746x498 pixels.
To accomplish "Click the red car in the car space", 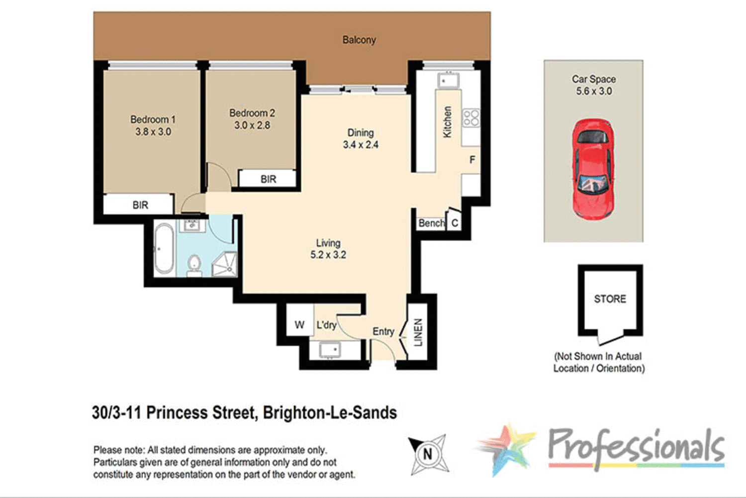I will pyautogui.click(x=593, y=169).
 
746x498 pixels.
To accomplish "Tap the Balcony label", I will pyautogui.click(x=359, y=40).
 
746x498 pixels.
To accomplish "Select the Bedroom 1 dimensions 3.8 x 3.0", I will pyautogui.click(x=153, y=132).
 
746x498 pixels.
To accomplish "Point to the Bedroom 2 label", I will pyautogui.click(x=252, y=113).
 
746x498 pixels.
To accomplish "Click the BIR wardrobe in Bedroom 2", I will pyautogui.click(x=268, y=179).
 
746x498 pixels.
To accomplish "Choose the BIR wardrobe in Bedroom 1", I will pyautogui.click(x=140, y=204).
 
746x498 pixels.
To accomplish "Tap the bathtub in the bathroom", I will pyautogui.click(x=164, y=248).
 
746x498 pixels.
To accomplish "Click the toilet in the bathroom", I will pyautogui.click(x=193, y=265).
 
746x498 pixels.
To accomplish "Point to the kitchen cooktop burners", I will pyautogui.click(x=471, y=118).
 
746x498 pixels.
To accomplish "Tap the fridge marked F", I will pyautogui.click(x=472, y=160).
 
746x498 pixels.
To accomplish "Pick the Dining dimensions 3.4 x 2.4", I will pyautogui.click(x=361, y=145).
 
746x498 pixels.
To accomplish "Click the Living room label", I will pyautogui.click(x=328, y=243).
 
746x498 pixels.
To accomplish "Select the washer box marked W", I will pyautogui.click(x=299, y=325).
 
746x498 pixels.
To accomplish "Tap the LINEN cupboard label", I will pyautogui.click(x=418, y=332).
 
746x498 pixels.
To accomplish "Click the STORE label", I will pyautogui.click(x=610, y=299).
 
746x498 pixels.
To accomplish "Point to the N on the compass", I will pyautogui.click(x=428, y=454).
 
